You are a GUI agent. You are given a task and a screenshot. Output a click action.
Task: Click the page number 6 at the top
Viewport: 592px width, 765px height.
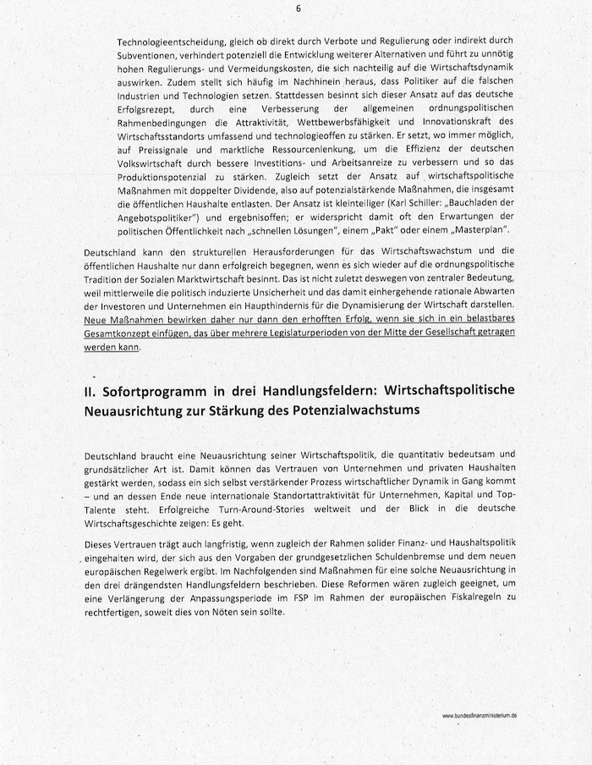298,8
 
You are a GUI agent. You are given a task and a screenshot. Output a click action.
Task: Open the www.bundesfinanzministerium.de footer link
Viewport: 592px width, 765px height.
480,715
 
